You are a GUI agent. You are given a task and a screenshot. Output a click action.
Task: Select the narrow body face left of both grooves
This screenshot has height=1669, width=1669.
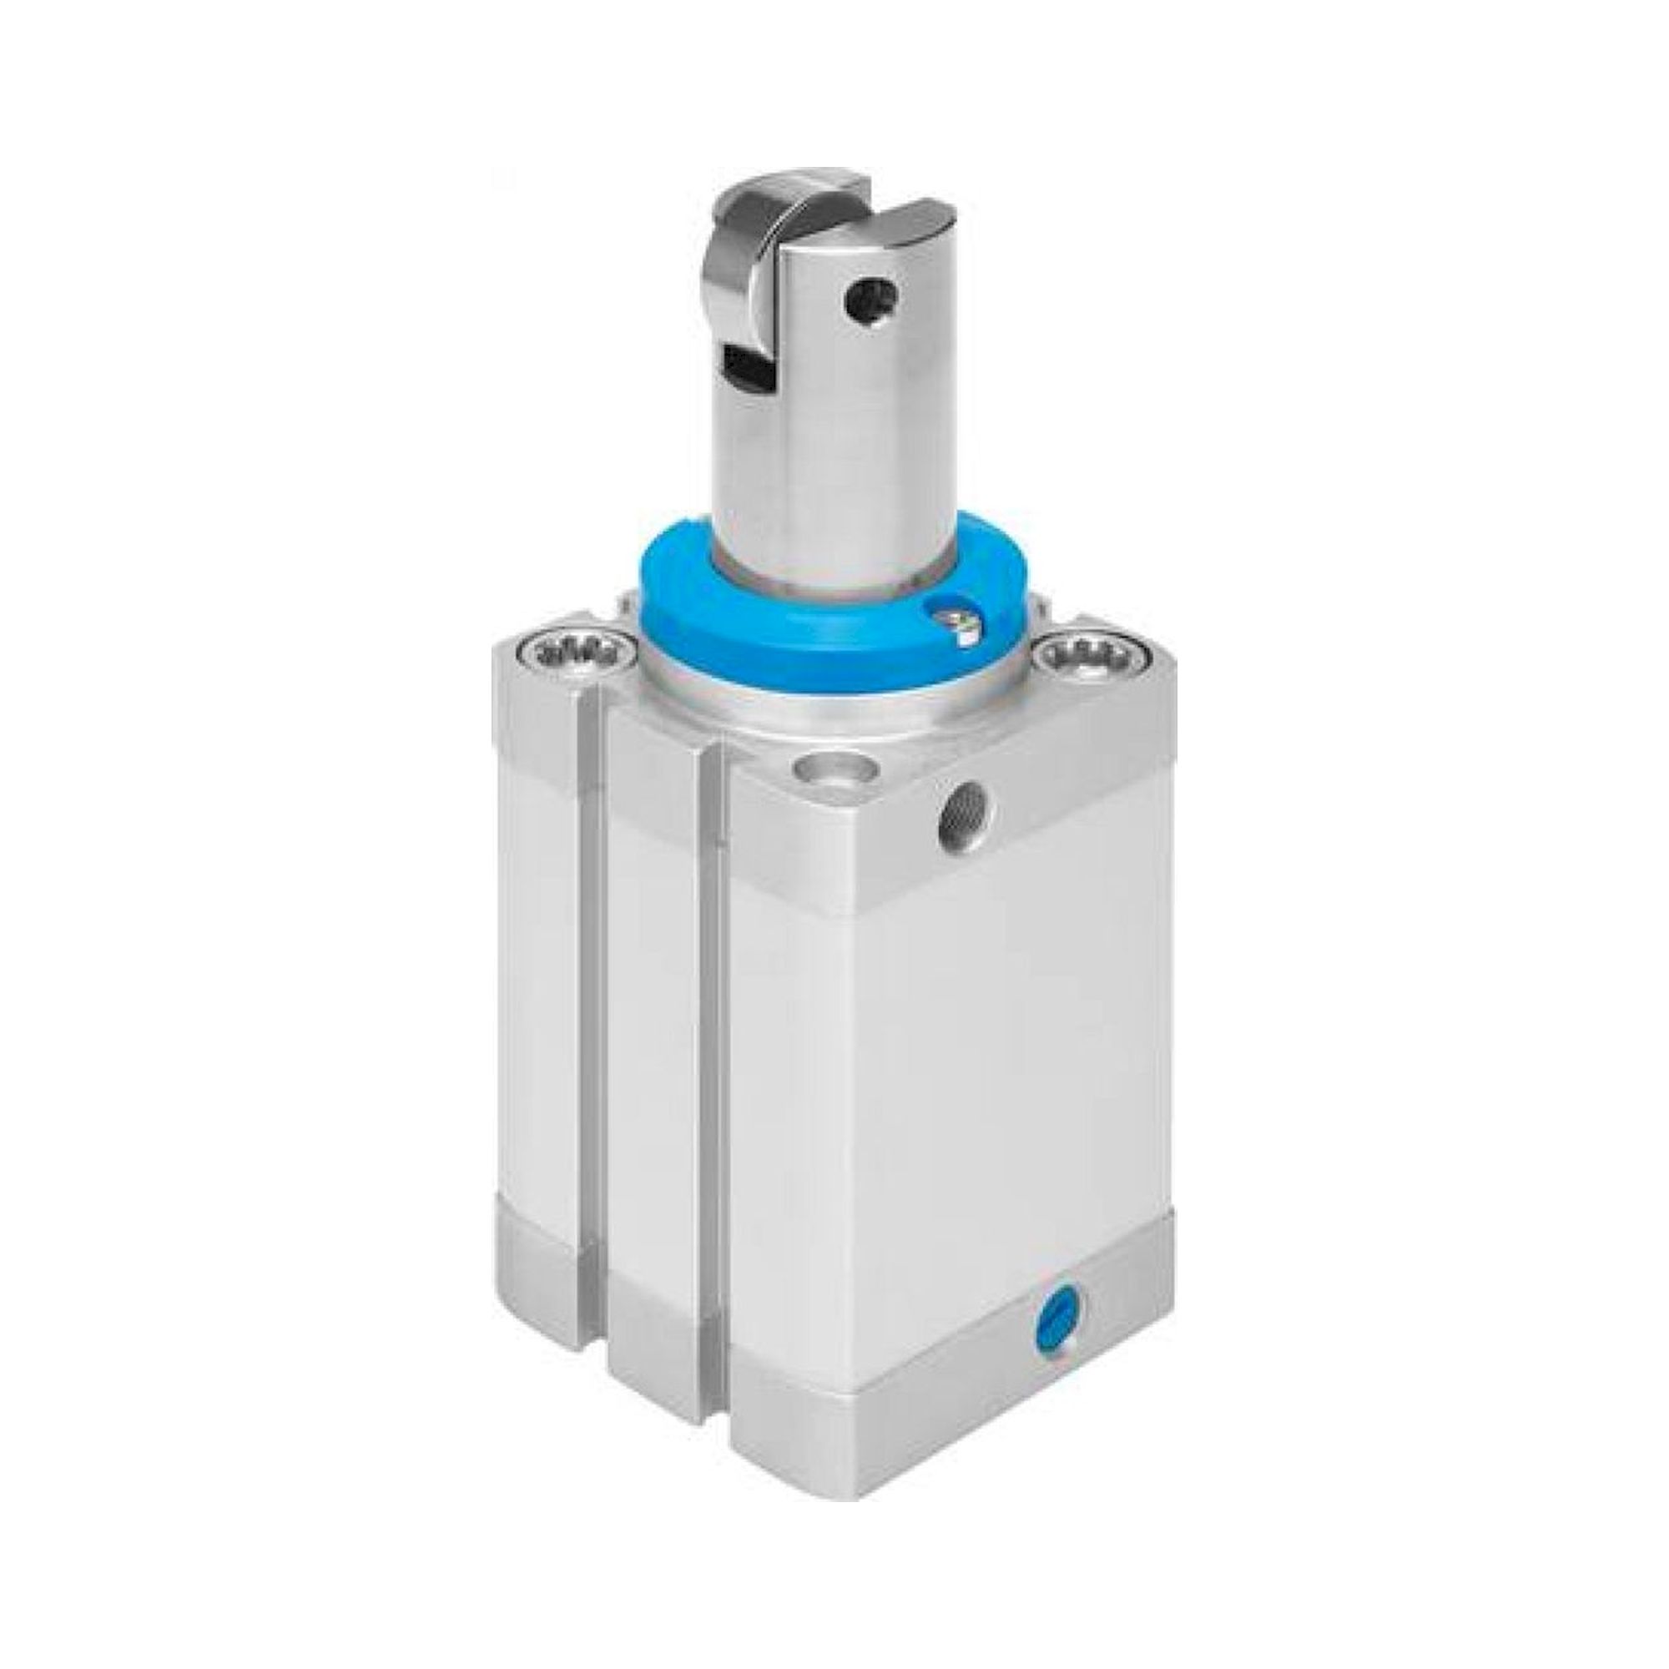pyautogui.click(x=540, y=950)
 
